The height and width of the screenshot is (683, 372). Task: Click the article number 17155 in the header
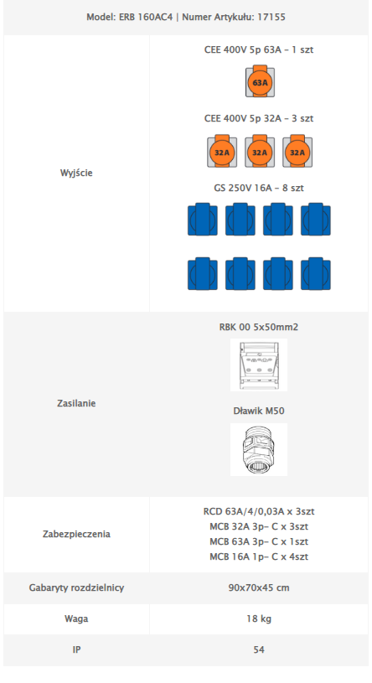271,18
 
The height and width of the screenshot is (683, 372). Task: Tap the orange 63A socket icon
260,81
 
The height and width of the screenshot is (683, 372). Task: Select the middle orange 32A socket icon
260,151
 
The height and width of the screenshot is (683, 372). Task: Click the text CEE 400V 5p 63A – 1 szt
259,49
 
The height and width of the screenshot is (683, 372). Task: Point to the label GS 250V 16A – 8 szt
259,188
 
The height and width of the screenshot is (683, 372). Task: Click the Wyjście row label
76,173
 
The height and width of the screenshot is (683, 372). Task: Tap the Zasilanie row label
76,403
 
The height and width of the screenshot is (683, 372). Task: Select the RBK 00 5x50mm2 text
259,327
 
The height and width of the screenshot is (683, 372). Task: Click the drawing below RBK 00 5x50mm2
259,365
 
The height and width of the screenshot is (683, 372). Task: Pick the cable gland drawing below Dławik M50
259,449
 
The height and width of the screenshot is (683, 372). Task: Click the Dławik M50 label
259,411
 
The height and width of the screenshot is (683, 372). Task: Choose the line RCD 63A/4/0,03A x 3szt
259,511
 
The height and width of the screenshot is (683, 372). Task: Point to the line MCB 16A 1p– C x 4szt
259,556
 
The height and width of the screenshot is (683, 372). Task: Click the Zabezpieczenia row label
76,534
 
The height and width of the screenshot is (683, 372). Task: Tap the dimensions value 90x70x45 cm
259,587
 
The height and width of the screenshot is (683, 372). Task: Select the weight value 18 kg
259,618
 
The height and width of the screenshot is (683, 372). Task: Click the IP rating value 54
259,649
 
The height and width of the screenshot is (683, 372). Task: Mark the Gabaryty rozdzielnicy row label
76,587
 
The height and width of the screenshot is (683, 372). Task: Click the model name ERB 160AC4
146,18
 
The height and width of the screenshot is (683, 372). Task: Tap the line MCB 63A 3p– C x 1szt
259,541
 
